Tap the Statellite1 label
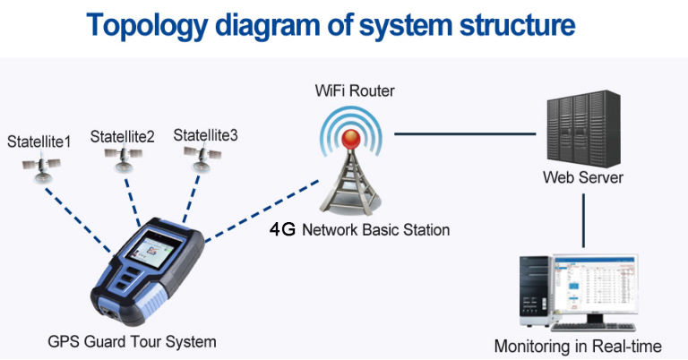coord(40,141)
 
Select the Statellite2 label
coord(123,137)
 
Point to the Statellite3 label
coord(206,135)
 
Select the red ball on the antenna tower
coord(353,138)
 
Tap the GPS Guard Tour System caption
coord(132,341)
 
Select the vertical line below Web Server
coord(584,219)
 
